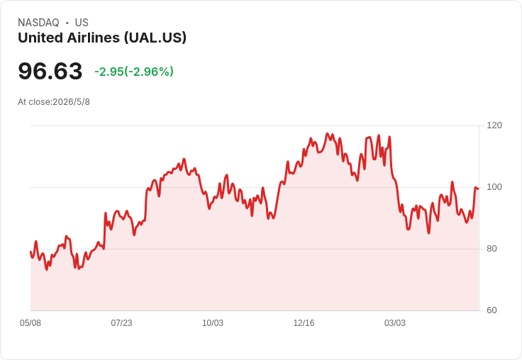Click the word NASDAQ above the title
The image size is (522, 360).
38,23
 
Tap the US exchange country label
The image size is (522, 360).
82,23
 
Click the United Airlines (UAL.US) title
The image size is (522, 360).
102,38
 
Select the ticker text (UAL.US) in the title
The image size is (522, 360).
155,38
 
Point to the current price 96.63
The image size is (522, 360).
50,71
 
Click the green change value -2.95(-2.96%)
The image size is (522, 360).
134,72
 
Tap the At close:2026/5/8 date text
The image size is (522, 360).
54,102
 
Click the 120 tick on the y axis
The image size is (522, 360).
494,125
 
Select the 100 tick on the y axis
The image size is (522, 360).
494,187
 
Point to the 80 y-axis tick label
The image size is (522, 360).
492,249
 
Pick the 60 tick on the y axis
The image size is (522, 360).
492,310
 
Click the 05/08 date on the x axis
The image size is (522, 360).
30,323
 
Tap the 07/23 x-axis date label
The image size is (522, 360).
121,323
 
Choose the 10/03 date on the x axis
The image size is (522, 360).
213,323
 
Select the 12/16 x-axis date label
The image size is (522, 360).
304,323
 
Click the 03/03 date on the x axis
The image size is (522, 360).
395,323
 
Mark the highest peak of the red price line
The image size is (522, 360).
327,134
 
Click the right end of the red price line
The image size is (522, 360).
479,189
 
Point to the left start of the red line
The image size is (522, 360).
30,252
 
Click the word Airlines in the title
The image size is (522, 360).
93,38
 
